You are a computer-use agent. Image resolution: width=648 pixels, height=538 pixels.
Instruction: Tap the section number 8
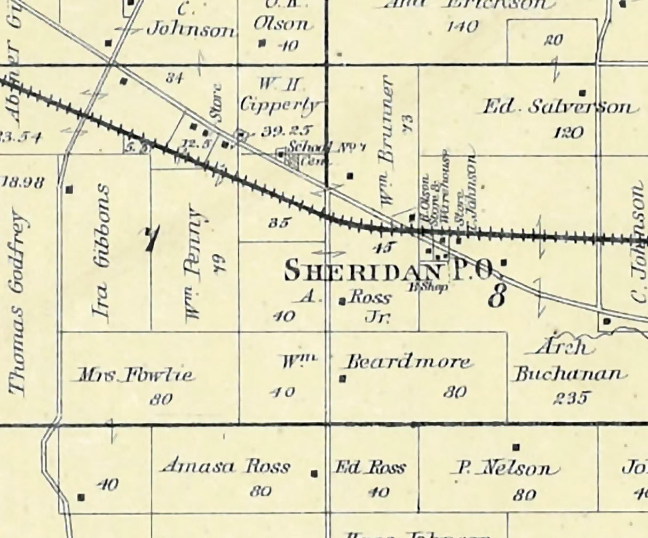[x=496, y=296]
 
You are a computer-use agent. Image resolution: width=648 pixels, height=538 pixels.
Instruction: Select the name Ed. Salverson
[x=559, y=107]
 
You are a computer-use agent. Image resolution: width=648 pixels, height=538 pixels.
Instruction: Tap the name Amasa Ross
[x=226, y=467]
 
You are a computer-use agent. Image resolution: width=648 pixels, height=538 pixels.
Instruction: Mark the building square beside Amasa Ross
[x=314, y=473]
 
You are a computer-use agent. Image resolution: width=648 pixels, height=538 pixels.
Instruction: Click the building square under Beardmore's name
[x=343, y=379]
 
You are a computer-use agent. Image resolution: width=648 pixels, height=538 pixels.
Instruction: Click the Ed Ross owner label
[x=369, y=468]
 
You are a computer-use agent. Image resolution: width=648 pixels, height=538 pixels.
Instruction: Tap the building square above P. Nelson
[x=516, y=447]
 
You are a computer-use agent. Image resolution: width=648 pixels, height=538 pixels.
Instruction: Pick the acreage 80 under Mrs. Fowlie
[x=161, y=399]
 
